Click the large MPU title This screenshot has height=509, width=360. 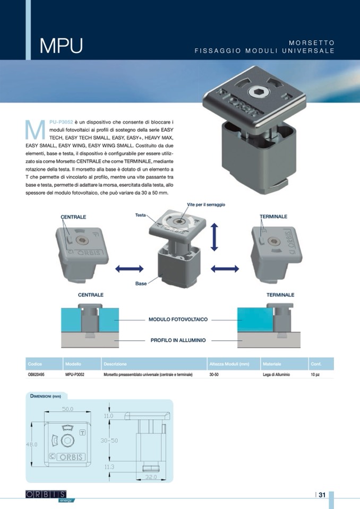point(61,46)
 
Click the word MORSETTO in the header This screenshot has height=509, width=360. point(312,42)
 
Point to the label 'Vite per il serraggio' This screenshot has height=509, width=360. point(206,204)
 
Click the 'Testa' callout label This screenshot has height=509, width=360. point(140,215)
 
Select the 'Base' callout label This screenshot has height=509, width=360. point(141,283)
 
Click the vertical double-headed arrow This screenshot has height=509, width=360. point(215,237)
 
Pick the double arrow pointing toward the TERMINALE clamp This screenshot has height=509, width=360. point(225,269)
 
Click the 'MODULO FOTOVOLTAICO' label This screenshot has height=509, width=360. point(178,320)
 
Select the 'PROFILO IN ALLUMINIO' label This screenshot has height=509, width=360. point(178,340)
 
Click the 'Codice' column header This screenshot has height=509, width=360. point(35,364)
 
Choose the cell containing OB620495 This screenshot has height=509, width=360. point(36,375)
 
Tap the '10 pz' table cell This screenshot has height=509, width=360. point(315,375)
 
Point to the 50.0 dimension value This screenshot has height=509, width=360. point(67,409)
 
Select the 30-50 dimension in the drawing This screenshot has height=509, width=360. point(109,441)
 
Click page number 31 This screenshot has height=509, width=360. point(322,495)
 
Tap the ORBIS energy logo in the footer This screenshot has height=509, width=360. point(50,496)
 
